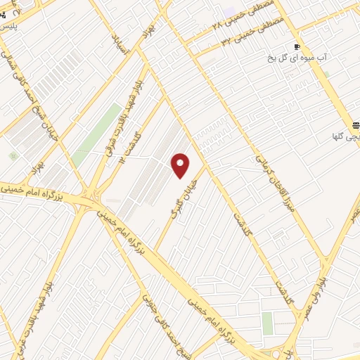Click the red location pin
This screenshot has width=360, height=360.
click(181, 165)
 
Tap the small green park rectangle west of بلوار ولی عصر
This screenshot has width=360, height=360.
click(267, 323)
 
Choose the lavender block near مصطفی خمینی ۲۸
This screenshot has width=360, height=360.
click(229, 12)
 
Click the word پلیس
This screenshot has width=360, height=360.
click(8, 25)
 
